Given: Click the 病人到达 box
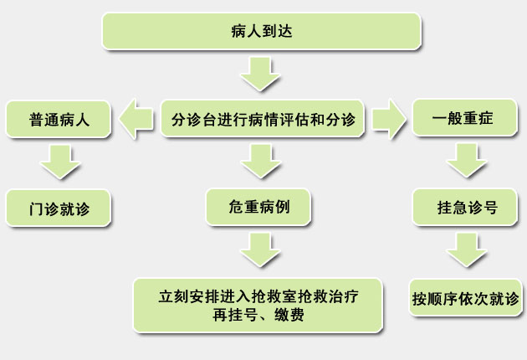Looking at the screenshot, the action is coord(261,31).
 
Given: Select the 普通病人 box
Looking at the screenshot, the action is coord(59,120).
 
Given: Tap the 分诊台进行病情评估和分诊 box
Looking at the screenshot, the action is coord(263,118).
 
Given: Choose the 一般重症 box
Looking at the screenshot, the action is coord(464,118).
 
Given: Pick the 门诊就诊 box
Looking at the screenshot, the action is coord(59,208).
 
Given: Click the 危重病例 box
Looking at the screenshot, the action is coord(258,207).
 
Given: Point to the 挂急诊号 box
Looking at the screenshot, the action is coord(464,207).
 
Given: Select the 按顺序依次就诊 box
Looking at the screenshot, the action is coord(465,297).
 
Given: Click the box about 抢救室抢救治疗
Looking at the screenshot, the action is coord(258,306).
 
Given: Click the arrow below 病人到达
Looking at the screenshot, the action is coord(260,74).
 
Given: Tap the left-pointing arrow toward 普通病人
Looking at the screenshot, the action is coord(136,119).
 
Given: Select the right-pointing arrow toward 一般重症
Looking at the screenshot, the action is coord(389,119).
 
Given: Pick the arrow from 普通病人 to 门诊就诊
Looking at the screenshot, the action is coord(60,162).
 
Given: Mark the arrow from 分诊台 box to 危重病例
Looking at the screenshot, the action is coord(261,161).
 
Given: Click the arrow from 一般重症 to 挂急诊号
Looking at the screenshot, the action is coord(467,161).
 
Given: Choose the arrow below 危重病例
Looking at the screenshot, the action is coord(260,250).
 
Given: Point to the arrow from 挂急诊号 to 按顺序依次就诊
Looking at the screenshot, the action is coord(467,250).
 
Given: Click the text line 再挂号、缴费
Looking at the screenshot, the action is coord(258,316).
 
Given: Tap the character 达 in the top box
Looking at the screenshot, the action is coord(284,31).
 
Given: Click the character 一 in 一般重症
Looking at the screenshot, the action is coord(440,118).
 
